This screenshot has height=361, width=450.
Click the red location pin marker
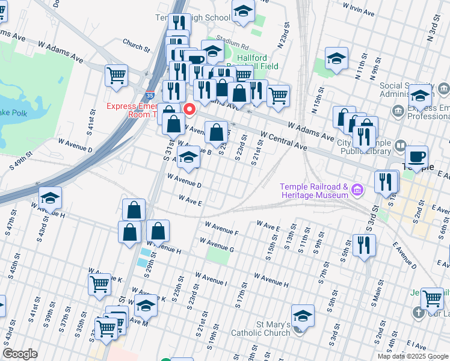coord(190,110)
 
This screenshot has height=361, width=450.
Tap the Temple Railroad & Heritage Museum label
coord(314,191)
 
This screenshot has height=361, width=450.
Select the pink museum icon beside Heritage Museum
coord(358,191)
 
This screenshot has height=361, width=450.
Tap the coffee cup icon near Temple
coord(416,158)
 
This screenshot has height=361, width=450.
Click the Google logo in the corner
coord(20,354)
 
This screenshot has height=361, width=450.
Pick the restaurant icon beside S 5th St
coord(364,245)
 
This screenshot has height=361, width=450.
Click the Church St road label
coord(135,46)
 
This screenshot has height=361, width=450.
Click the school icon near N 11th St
coord(336,58)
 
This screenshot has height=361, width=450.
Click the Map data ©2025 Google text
coord(413,356)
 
